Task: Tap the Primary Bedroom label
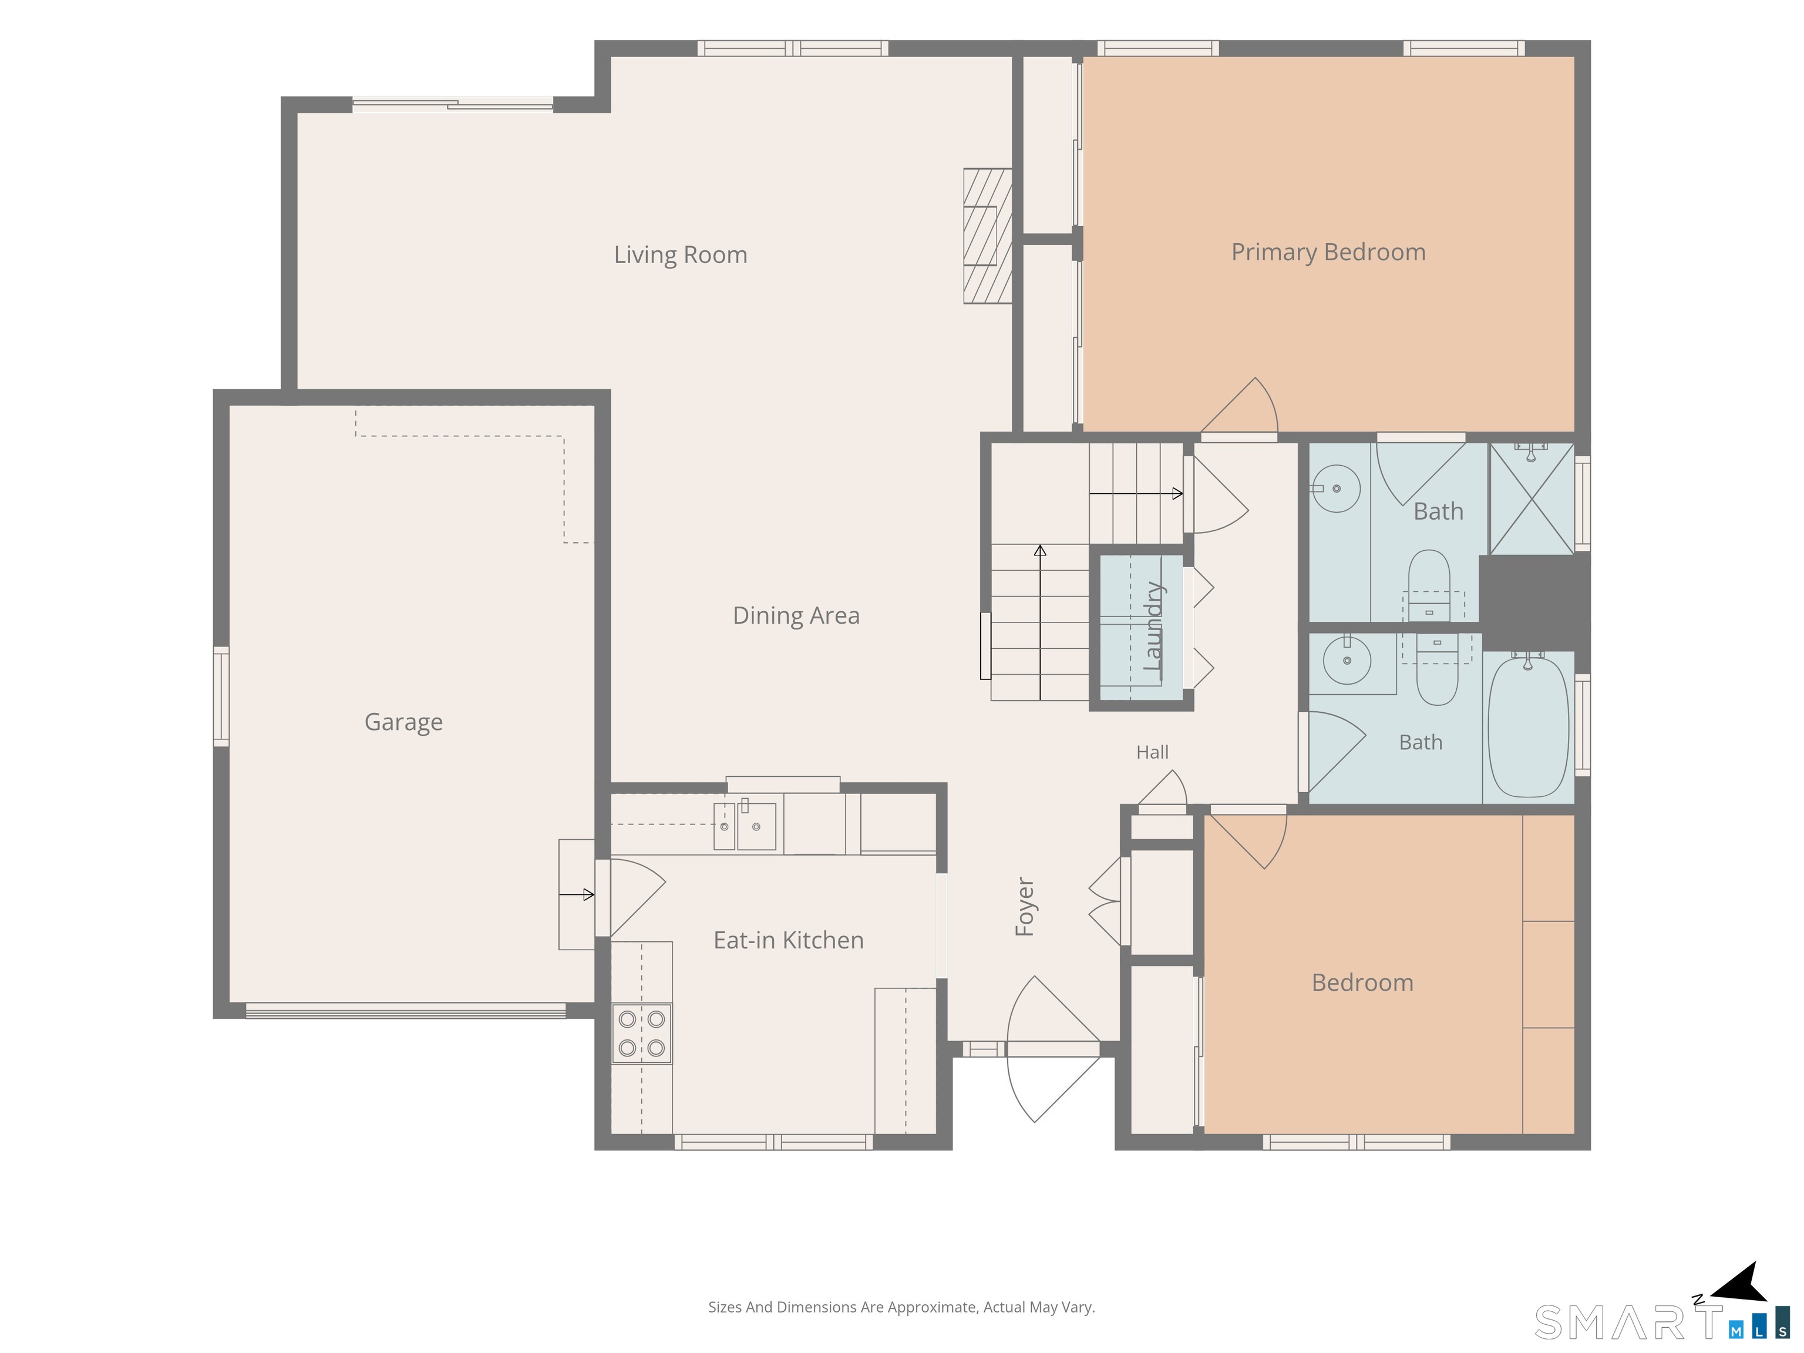(x=1328, y=252)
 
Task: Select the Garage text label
(x=403, y=722)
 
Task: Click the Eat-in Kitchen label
(x=789, y=940)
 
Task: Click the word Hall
(x=1152, y=752)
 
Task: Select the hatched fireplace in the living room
(x=988, y=235)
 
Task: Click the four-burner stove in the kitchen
(x=642, y=1034)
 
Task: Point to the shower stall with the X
(x=1532, y=499)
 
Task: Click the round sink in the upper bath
(x=1336, y=489)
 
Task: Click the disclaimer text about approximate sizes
(x=901, y=1307)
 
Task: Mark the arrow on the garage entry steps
(x=577, y=895)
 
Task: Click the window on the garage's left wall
(x=221, y=696)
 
